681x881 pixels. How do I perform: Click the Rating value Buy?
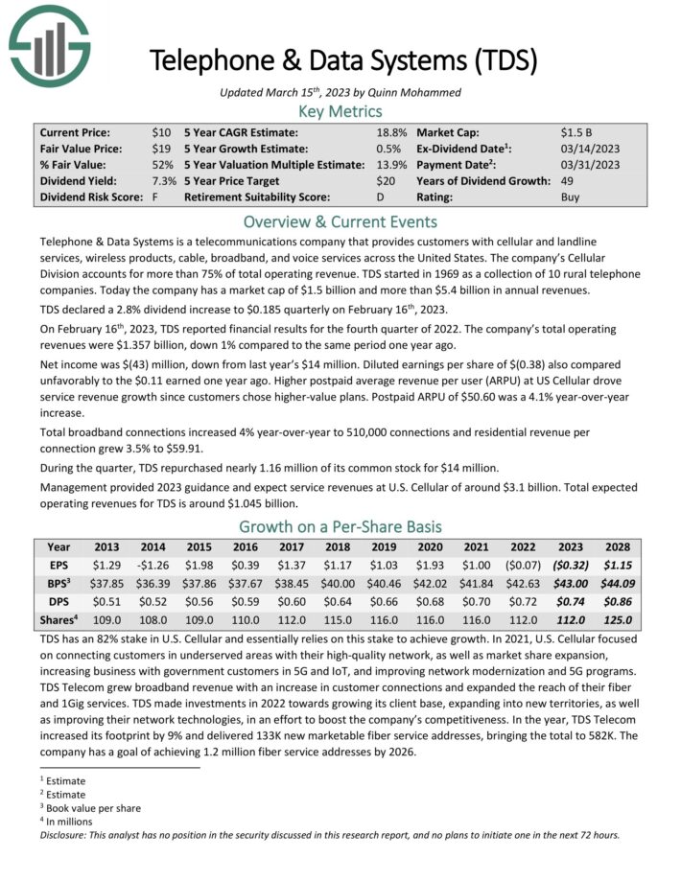pos(570,197)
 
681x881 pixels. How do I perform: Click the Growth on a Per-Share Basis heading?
pos(340,525)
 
